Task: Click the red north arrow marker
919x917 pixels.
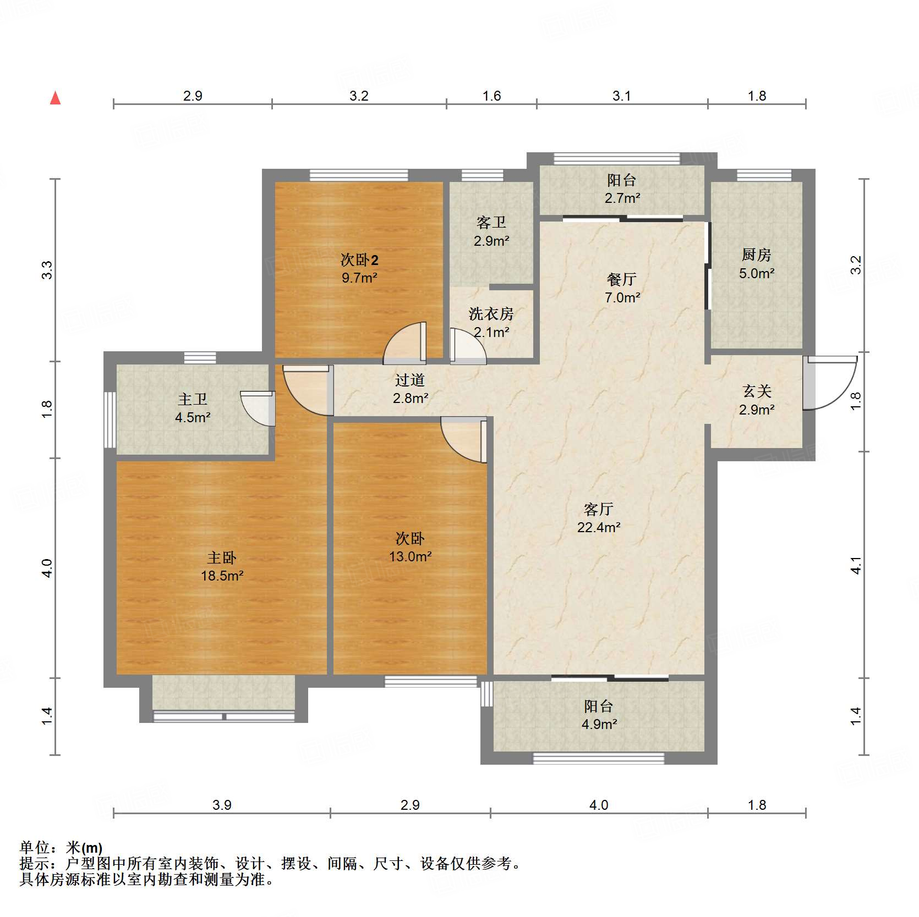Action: tap(55, 98)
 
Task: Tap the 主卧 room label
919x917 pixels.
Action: tap(222, 558)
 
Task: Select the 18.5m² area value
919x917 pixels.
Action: tap(222, 576)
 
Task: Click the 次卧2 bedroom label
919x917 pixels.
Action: tap(359, 259)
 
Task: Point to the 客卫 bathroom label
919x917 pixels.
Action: tap(491, 223)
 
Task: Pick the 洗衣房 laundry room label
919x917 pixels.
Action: tap(491, 314)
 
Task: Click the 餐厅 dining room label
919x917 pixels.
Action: tap(622, 279)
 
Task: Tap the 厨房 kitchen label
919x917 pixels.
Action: tap(757, 255)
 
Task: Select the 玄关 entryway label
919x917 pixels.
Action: tap(757, 391)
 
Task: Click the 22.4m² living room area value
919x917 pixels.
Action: tap(599, 528)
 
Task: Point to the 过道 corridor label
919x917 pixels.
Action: tap(410, 380)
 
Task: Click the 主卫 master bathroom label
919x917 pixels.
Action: tap(193, 399)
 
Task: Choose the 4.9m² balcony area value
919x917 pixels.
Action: tap(599, 725)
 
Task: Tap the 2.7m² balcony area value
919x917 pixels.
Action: tap(622, 198)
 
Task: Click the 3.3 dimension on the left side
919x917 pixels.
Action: tap(47, 270)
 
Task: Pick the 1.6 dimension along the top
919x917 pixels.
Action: tap(491, 96)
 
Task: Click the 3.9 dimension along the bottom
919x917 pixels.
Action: tap(222, 805)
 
